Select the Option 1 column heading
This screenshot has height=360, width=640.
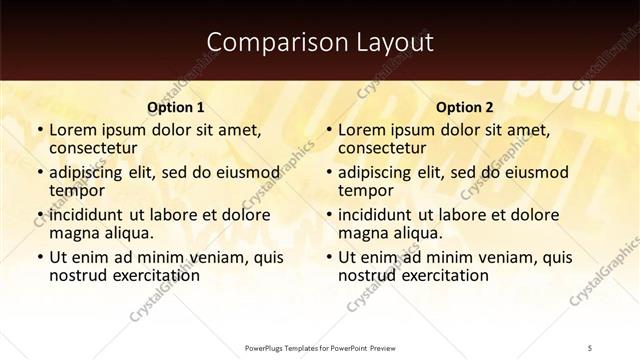click(x=175, y=107)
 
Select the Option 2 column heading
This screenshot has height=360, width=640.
click(x=465, y=107)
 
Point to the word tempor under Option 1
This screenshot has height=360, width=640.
click(x=78, y=191)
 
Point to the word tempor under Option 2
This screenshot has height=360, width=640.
click(x=367, y=191)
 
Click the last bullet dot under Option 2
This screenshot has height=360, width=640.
click(x=329, y=257)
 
